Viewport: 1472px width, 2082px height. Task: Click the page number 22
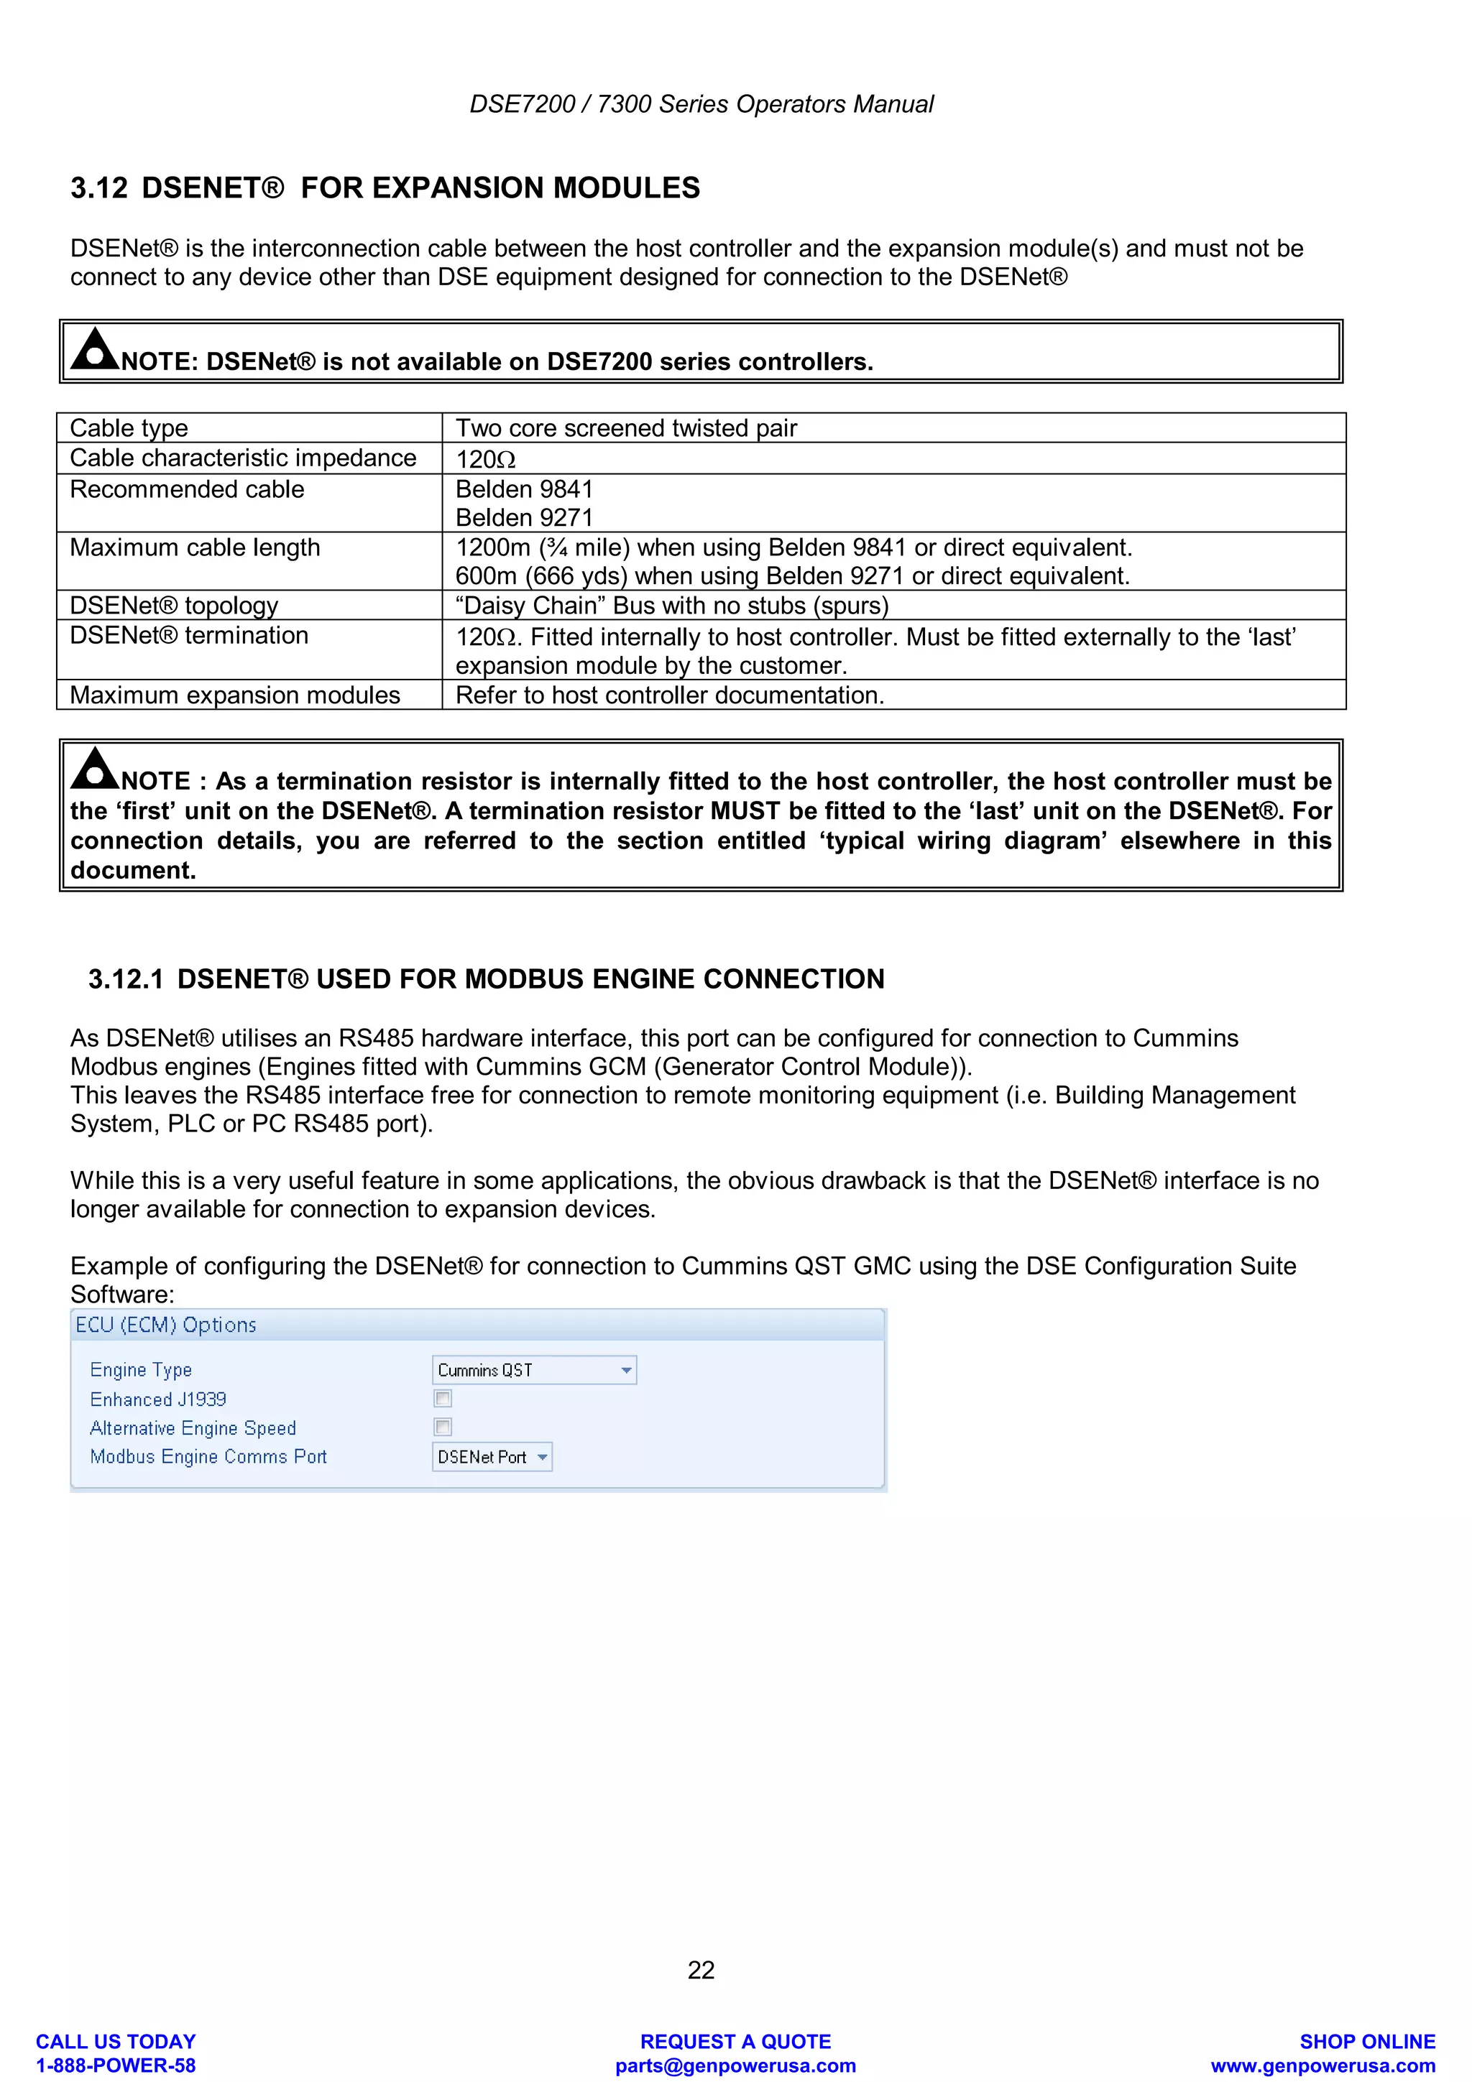[700, 1968]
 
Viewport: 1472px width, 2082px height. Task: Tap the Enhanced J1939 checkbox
[443, 1398]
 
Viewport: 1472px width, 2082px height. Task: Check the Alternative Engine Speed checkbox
[443, 1428]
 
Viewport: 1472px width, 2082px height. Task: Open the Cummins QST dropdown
[534, 1369]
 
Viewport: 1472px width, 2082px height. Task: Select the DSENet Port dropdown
[492, 1456]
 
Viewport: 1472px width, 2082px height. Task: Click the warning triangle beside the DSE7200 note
[94, 349]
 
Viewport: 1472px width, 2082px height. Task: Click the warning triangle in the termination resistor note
[94, 768]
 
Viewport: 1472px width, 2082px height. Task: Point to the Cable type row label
[129, 428]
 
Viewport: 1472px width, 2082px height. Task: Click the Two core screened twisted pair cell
[626, 428]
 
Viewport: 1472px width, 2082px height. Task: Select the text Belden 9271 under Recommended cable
[524, 518]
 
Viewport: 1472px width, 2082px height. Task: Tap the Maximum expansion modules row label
[235, 695]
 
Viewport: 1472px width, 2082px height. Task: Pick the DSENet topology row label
[174, 605]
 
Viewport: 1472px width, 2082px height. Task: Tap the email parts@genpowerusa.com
[735, 2065]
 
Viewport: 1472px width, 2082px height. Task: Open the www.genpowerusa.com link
[1322, 2065]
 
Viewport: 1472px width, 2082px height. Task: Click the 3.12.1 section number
[126, 978]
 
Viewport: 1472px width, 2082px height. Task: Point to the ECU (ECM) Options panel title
[166, 1325]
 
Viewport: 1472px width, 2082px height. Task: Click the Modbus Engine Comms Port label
[208, 1456]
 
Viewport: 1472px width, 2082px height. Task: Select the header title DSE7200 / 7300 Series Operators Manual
[701, 104]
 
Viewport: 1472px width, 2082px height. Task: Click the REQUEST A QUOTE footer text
[735, 2041]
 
